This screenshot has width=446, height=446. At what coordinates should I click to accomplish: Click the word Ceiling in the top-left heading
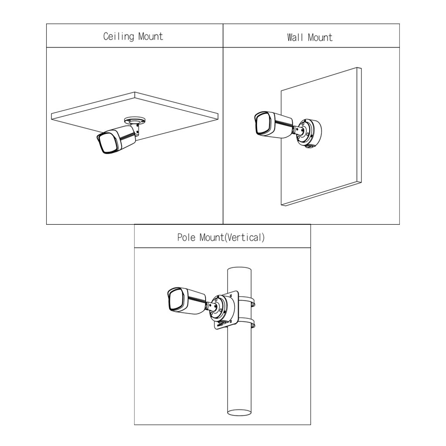pos(118,37)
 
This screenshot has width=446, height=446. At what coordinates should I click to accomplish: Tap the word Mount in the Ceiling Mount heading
pos(150,37)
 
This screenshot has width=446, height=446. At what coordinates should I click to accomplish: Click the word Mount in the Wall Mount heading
pos(320,37)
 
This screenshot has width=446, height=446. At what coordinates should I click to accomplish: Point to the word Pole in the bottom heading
pos(186,237)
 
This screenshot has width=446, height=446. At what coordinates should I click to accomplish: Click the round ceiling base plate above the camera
pos(135,121)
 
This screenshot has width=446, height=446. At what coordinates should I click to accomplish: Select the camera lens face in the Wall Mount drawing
pos(265,124)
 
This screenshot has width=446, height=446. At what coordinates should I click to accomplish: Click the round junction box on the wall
pos(310,133)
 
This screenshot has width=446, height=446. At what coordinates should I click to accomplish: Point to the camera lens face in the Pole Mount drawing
pos(178,299)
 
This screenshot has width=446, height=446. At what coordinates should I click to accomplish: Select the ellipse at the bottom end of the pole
pos(240,412)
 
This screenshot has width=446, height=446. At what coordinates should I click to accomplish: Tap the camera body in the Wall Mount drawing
pos(274,125)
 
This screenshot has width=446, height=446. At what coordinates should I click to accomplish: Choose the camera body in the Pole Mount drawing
pos(186,301)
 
